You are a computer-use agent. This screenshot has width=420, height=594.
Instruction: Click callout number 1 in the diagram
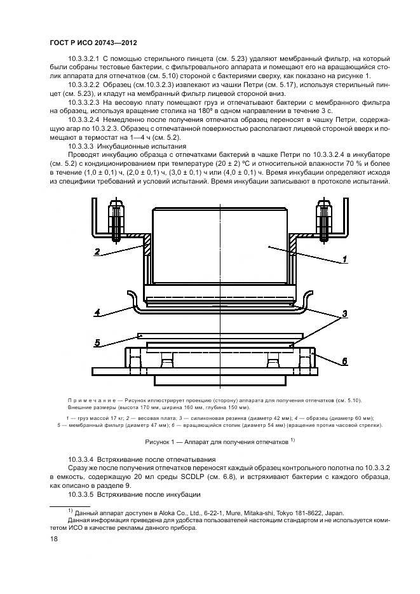(345, 259)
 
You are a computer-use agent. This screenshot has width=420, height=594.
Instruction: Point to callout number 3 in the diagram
(343, 314)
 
